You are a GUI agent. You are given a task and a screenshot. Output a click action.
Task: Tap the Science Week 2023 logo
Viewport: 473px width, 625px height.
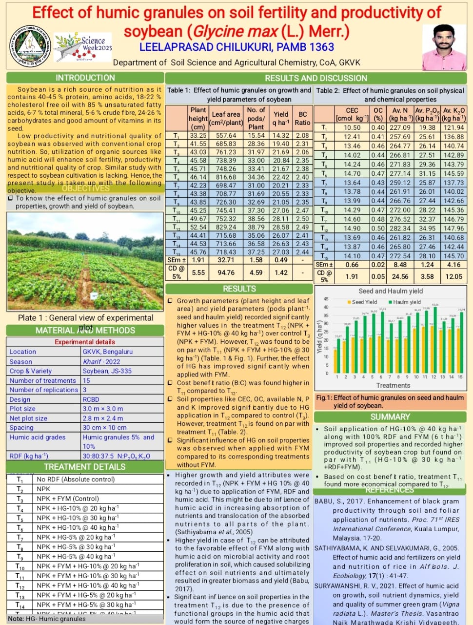tap(83, 47)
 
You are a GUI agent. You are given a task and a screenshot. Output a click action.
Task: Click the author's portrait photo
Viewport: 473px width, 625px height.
tap(444, 47)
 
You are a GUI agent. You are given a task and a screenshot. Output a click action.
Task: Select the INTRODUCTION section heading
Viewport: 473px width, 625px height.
tap(85, 78)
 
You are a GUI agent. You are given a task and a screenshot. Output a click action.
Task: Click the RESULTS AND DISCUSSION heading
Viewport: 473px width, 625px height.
tap(315, 78)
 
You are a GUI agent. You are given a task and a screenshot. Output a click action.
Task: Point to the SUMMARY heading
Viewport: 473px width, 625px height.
tap(390, 417)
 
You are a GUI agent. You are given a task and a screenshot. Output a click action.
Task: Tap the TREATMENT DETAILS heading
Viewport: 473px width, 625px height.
tap(85, 466)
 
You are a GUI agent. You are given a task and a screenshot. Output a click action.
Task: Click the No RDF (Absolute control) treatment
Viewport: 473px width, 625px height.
tap(76, 479)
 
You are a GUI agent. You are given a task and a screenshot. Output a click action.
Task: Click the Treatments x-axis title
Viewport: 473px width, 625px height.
tap(393, 385)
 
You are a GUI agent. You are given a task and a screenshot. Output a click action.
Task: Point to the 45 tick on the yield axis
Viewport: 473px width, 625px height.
tap(326, 299)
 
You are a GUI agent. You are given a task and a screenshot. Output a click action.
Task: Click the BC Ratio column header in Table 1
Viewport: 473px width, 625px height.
tap(302, 119)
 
